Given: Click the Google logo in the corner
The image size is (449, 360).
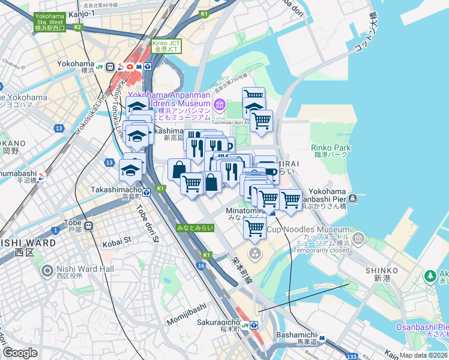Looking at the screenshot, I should tap(20, 353).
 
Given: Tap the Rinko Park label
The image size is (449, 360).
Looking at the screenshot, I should tap(330, 148).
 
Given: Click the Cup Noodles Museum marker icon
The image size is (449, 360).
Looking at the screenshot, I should tap(359, 240).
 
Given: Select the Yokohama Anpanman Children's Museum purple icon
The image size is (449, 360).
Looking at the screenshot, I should tap(219, 106).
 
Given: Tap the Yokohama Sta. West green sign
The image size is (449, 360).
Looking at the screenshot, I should tap(49, 22).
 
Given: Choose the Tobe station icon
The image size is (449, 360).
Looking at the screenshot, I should tap(89, 226).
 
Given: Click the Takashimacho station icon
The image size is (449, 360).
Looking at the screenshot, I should tap(146, 193).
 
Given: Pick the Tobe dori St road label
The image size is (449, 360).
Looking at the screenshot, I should tap(146, 224).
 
